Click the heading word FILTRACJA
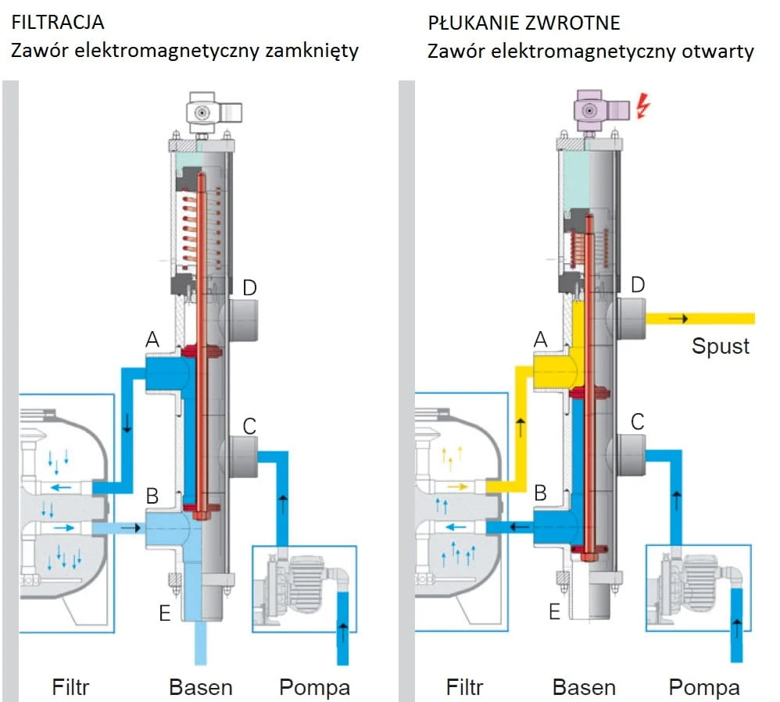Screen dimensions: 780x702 pos(58,23)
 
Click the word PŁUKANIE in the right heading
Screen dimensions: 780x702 pos(471,23)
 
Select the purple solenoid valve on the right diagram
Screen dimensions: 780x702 pos(600,111)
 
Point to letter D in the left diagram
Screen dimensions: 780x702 pos(249,288)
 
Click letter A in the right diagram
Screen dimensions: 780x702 pos(540,340)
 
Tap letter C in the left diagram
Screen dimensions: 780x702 pos(249,426)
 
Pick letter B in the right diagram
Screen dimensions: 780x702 pos(540,494)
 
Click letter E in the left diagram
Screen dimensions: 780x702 pos(165,613)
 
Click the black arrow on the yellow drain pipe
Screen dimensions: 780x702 pos(678,318)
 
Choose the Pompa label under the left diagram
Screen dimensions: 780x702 pos(314,688)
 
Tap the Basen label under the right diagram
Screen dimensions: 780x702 pos(584,688)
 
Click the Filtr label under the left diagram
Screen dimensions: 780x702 pos(70,688)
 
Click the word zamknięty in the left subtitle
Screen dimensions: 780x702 pos(311,52)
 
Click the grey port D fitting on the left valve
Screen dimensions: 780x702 pos(243,319)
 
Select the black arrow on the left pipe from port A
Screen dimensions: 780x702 pos(127,422)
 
